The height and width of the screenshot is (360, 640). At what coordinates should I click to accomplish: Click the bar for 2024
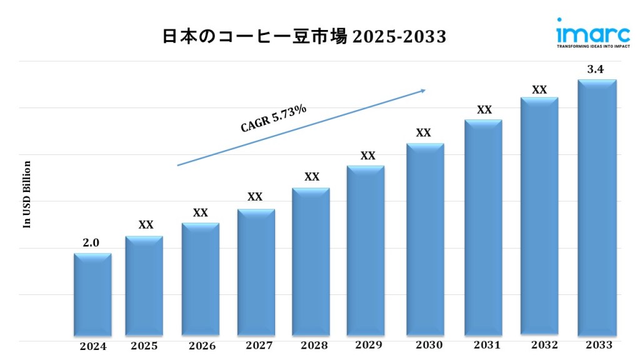tap(92, 295)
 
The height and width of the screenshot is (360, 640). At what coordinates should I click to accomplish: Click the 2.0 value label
tap(91, 243)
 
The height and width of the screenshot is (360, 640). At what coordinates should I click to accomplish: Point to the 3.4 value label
tap(595, 69)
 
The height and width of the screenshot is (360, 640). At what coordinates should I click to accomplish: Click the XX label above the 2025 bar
tap(146, 225)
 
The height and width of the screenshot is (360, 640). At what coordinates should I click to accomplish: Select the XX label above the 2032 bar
tap(539, 90)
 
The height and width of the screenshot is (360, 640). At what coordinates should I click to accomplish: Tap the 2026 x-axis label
tap(202, 346)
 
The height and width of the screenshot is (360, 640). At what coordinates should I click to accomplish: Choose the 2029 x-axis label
tap(369, 345)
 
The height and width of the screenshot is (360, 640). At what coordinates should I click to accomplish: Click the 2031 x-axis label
tap(484, 345)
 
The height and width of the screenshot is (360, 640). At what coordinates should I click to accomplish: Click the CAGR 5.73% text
tap(274, 118)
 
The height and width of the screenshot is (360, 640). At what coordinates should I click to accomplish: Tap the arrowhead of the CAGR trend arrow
tap(422, 91)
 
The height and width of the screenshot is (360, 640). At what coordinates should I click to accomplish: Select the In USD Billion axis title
tap(27, 194)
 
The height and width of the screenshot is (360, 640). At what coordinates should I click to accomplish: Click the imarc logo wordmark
tap(584, 31)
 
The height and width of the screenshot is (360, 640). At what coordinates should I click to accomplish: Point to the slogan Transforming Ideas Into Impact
tap(584, 46)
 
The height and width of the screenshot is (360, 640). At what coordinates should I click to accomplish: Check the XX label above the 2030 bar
tap(423, 133)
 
